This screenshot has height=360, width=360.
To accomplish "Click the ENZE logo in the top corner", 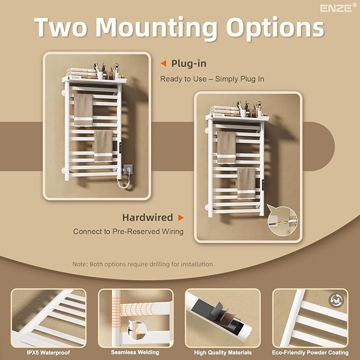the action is tap(338, 8).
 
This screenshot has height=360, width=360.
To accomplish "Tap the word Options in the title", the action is tap(275, 29).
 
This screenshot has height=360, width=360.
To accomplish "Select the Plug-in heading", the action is tap(189, 64).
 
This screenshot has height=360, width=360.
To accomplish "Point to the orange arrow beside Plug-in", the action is tap(163, 64).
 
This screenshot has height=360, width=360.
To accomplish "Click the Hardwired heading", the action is tap(147, 217).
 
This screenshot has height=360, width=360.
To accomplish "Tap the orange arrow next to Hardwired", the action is tap(181, 217).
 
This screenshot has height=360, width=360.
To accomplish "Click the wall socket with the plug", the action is tap(127, 169).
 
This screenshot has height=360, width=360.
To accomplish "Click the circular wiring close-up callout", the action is tap(283, 221).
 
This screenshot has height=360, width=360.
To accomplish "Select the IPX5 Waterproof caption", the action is tap(48, 353).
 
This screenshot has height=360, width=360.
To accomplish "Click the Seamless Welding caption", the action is tap(135, 352).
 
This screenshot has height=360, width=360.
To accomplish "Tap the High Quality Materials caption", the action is tap(223, 353).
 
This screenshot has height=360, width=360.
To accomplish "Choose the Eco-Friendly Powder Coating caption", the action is tap(310, 353).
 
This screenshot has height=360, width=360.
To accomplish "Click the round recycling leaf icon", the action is tap(336, 300).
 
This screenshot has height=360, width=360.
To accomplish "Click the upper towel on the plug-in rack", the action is tap(83, 110).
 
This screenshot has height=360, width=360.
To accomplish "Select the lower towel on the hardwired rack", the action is tap(246, 183).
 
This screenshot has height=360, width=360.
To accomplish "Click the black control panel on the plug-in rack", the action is tap(120, 147).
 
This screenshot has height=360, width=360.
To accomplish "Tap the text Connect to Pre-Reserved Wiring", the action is tap(128, 231).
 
